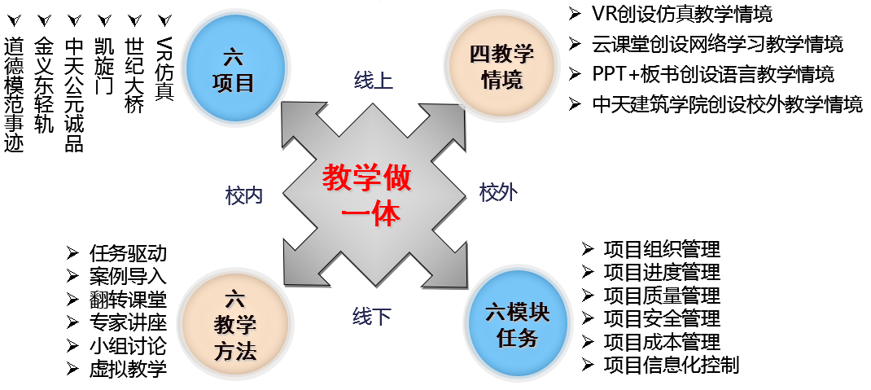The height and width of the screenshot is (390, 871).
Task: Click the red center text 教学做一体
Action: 367,195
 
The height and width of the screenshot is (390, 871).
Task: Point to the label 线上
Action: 374,80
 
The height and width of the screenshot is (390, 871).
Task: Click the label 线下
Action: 372,316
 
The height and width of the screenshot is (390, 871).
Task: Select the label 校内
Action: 244,195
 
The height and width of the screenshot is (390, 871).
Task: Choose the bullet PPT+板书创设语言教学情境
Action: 713,74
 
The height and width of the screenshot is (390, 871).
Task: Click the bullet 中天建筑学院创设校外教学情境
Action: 727,104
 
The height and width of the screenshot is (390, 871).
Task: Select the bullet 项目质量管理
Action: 661,296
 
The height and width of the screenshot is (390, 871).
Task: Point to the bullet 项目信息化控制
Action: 671,365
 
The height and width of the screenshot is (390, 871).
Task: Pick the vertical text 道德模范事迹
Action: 15,94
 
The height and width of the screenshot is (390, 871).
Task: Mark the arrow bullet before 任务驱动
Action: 73,253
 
